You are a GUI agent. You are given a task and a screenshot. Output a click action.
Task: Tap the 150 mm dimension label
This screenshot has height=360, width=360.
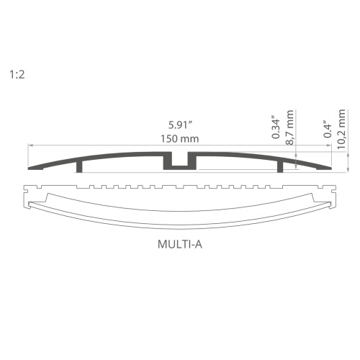tap(180, 138)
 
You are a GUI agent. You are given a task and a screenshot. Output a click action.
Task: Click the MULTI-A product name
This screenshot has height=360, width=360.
tap(180, 243)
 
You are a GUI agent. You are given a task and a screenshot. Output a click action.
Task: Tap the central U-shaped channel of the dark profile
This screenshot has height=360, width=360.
tap(180, 163)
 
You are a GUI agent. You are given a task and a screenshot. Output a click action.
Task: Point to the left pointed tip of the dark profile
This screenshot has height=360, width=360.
tap(30, 169)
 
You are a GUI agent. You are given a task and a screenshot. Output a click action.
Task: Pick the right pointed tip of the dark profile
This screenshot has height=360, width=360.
tap(330, 169)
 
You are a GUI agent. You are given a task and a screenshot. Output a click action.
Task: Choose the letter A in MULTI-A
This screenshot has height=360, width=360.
tap(198, 243)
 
